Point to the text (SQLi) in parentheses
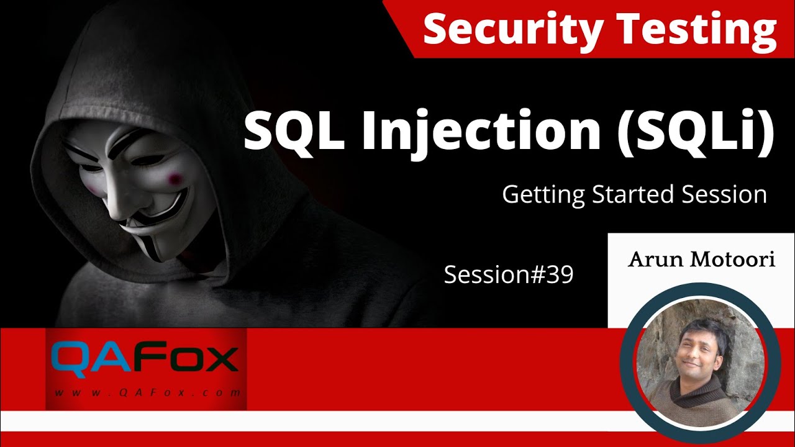(696, 132)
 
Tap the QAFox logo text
(145, 358)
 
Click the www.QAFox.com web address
(147, 392)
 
